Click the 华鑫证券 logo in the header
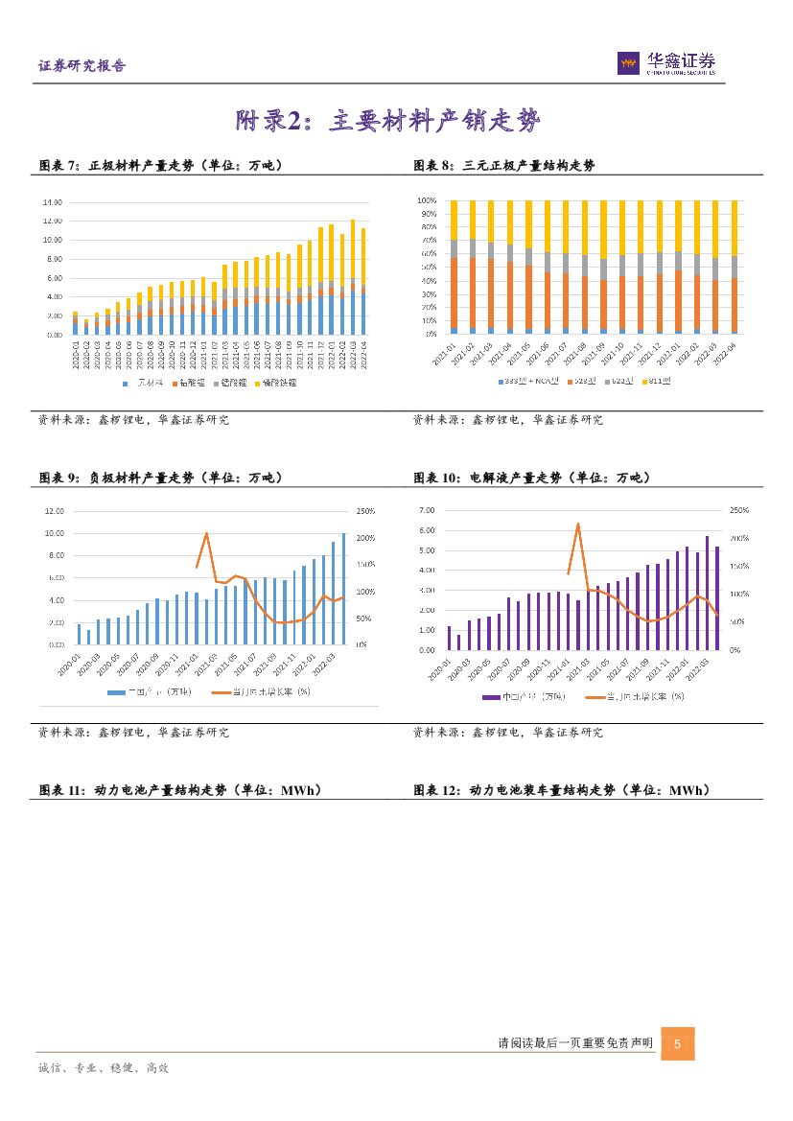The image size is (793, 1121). pos(666,63)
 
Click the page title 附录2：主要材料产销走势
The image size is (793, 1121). pos(388,122)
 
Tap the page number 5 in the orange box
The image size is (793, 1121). pos(677,1043)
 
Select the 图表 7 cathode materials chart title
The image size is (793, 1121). pos(160,165)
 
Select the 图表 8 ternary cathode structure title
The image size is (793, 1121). pos(504,165)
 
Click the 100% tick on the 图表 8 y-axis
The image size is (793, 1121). pos(428,200)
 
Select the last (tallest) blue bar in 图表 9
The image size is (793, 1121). pos(344,588)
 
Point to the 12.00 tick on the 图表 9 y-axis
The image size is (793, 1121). pos(54,511)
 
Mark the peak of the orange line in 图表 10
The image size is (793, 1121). pos(578,524)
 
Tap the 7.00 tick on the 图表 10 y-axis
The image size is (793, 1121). pos(427,510)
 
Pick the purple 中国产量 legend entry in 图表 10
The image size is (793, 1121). pos(527,696)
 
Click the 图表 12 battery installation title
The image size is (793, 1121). pos(561,790)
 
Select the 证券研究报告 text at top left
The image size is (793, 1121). pos(82,66)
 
